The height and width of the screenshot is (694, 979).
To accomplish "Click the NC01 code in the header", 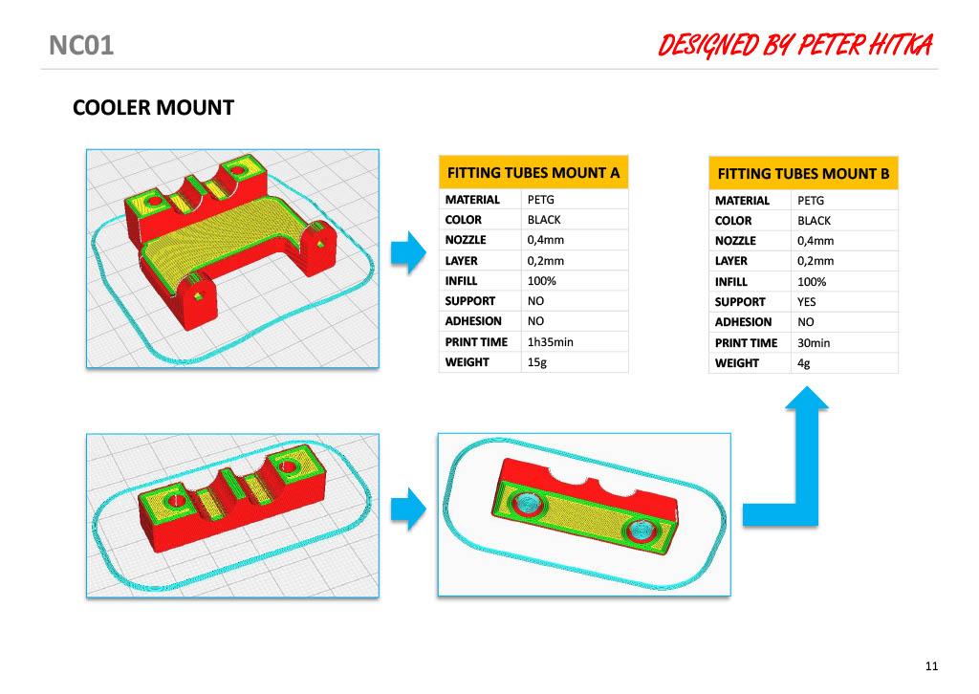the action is pyautogui.click(x=81, y=46).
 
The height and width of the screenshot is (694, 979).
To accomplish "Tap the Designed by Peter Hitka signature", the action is pyautogui.click(x=795, y=46).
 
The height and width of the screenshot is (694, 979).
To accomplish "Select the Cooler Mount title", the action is pyautogui.click(x=154, y=107).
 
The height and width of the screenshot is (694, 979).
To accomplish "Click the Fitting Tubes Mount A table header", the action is pyautogui.click(x=533, y=173).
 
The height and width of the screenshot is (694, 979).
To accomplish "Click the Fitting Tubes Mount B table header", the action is pyautogui.click(x=803, y=174).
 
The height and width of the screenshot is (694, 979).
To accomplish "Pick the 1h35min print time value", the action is pyautogui.click(x=550, y=342).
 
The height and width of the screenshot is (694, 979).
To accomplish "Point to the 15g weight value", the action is pyautogui.click(x=537, y=362).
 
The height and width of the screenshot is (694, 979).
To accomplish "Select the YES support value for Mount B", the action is pyautogui.click(x=807, y=302).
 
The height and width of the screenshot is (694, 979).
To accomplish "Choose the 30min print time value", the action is pyautogui.click(x=814, y=342).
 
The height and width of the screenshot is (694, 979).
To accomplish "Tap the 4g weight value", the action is pyautogui.click(x=803, y=363).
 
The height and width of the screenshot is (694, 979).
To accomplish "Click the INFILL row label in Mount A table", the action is pyautogui.click(x=461, y=281).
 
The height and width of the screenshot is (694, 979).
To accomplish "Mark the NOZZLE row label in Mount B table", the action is pyautogui.click(x=735, y=241).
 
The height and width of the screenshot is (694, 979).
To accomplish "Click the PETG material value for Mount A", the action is pyautogui.click(x=541, y=200).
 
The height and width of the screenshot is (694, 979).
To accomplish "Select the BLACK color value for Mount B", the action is pyautogui.click(x=815, y=221).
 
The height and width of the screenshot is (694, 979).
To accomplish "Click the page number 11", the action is pyautogui.click(x=931, y=666).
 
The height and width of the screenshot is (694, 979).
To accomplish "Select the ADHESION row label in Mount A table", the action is pyautogui.click(x=473, y=321).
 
